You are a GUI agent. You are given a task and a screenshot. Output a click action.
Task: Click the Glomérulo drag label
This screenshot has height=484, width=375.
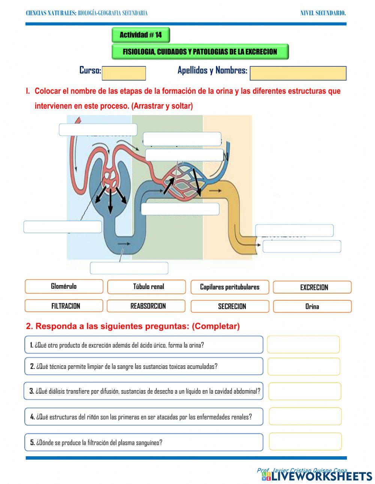click(x=64, y=286)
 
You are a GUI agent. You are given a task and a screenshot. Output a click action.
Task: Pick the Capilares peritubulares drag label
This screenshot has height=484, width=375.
click(x=229, y=287)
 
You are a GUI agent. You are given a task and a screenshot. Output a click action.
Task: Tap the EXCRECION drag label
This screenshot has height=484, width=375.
click(x=312, y=287)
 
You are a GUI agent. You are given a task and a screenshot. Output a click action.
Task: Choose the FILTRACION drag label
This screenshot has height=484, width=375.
click(x=64, y=306)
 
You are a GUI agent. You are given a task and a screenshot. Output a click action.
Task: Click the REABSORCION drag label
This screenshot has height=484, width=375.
click(x=146, y=306)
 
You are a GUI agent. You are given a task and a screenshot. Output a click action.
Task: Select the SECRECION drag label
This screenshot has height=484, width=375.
click(x=229, y=306)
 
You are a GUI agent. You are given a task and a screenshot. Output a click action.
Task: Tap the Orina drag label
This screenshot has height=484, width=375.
click(x=312, y=306)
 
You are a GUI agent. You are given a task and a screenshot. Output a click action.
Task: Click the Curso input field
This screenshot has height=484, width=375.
click(x=124, y=73)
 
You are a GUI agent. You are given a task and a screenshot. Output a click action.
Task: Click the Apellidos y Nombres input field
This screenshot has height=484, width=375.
click(x=298, y=73)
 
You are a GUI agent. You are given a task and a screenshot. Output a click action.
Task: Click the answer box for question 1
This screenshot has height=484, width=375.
click(x=303, y=345)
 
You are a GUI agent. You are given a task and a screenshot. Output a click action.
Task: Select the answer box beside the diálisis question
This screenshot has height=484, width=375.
click(x=304, y=391)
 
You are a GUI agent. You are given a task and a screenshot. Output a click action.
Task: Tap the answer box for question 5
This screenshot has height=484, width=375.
click(x=305, y=442)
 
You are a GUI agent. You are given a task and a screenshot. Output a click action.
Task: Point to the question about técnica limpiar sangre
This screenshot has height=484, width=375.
click(x=144, y=366)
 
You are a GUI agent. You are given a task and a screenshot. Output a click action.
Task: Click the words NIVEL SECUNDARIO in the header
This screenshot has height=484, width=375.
click(x=323, y=13)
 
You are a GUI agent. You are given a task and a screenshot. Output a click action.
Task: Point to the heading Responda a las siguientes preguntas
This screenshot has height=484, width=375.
click(x=133, y=326)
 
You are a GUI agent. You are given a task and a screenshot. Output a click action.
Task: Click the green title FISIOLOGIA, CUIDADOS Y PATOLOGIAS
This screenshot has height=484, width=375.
click(x=200, y=52)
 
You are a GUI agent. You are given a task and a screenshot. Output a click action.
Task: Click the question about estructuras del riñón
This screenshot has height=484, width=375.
click(x=144, y=417)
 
